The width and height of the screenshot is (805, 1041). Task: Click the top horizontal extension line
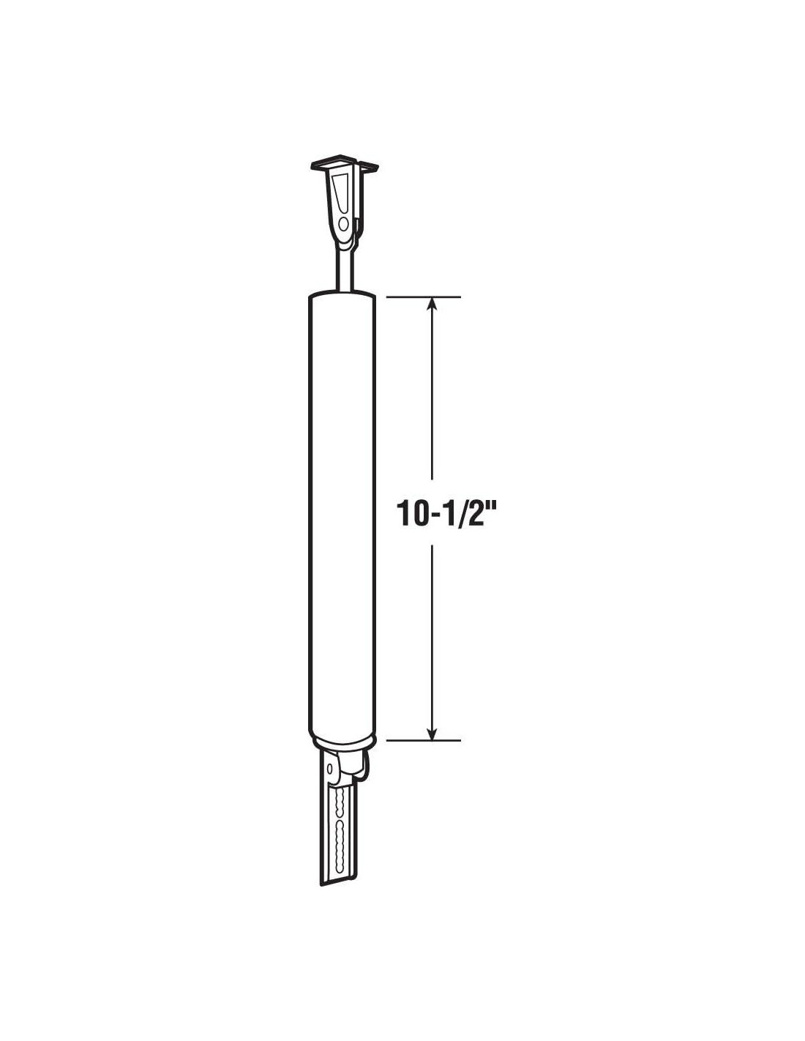[x=423, y=297]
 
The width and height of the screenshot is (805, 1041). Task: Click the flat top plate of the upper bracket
[x=344, y=164]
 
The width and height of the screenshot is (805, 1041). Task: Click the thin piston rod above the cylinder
[x=344, y=268]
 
